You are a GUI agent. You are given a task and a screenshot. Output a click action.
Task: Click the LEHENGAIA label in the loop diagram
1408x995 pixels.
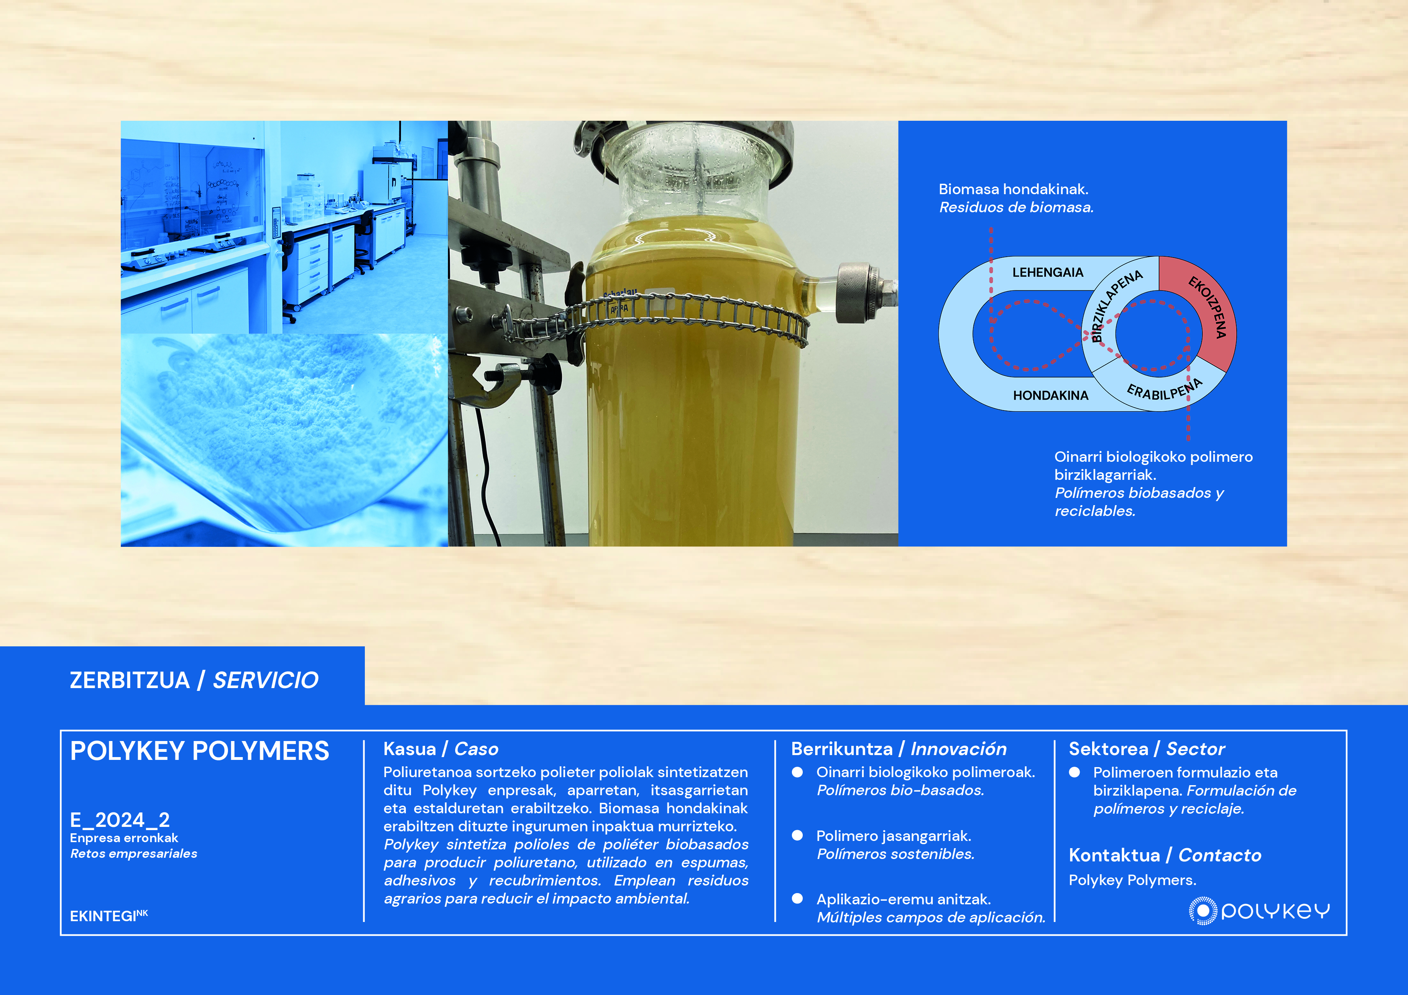[x=1048, y=272]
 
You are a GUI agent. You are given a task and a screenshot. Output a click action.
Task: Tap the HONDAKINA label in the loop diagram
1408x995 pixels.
[x=1050, y=396]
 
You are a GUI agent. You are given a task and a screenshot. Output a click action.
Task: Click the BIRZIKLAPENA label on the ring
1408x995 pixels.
[x=1115, y=305]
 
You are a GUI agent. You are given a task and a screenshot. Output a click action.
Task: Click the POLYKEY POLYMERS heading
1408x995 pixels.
[x=199, y=751]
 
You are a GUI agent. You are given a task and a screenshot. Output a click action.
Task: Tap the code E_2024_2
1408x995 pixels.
[x=120, y=820]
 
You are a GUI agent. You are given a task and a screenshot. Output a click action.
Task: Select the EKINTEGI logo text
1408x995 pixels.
[x=108, y=915]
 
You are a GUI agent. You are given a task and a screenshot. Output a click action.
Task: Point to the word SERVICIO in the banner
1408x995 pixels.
[x=266, y=680]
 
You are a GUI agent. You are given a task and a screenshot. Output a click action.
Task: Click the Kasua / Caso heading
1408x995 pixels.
[x=440, y=749]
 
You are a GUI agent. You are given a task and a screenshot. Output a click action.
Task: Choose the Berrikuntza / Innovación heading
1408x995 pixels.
[x=898, y=749]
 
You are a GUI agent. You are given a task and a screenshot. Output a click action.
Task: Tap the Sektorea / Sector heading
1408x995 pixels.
[x=1146, y=749]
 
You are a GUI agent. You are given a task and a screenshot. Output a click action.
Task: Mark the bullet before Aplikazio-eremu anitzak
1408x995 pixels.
[x=797, y=898]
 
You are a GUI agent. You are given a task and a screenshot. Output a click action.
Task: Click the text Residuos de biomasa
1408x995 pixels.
[x=1016, y=207]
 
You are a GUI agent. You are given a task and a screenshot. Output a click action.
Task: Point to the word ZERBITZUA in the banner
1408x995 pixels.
[x=129, y=680]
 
